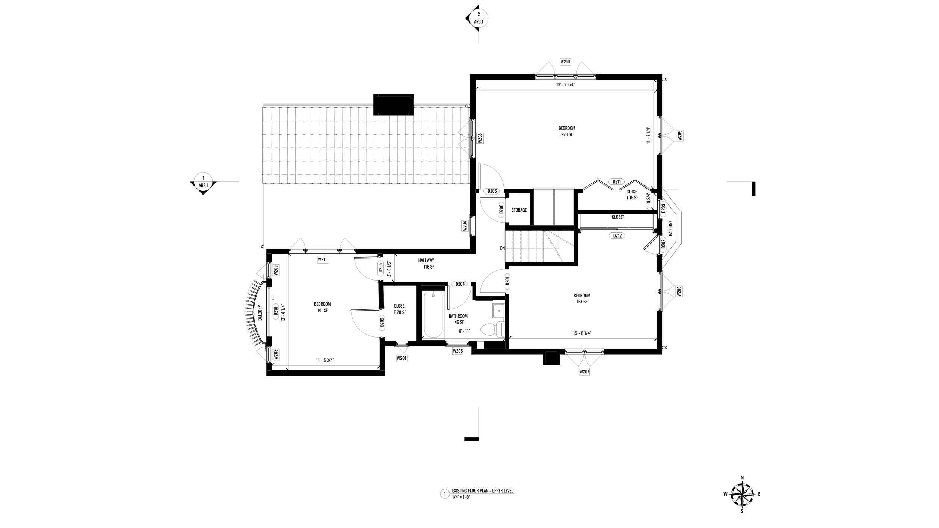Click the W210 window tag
(x=565, y=61)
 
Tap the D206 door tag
(x=492, y=191)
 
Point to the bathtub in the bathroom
(x=433, y=315)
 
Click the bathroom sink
(x=498, y=311)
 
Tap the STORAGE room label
(x=519, y=210)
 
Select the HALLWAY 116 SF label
(x=426, y=263)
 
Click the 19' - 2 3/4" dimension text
(x=566, y=85)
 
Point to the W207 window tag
(x=584, y=371)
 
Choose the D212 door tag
(x=617, y=236)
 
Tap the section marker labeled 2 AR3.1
(x=478, y=18)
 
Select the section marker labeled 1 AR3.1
(x=203, y=181)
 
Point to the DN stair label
(x=502, y=248)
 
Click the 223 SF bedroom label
(x=566, y=131)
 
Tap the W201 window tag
(x=402, y=358)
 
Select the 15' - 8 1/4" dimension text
(x=582, y=333)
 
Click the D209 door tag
(x=382, y=323)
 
